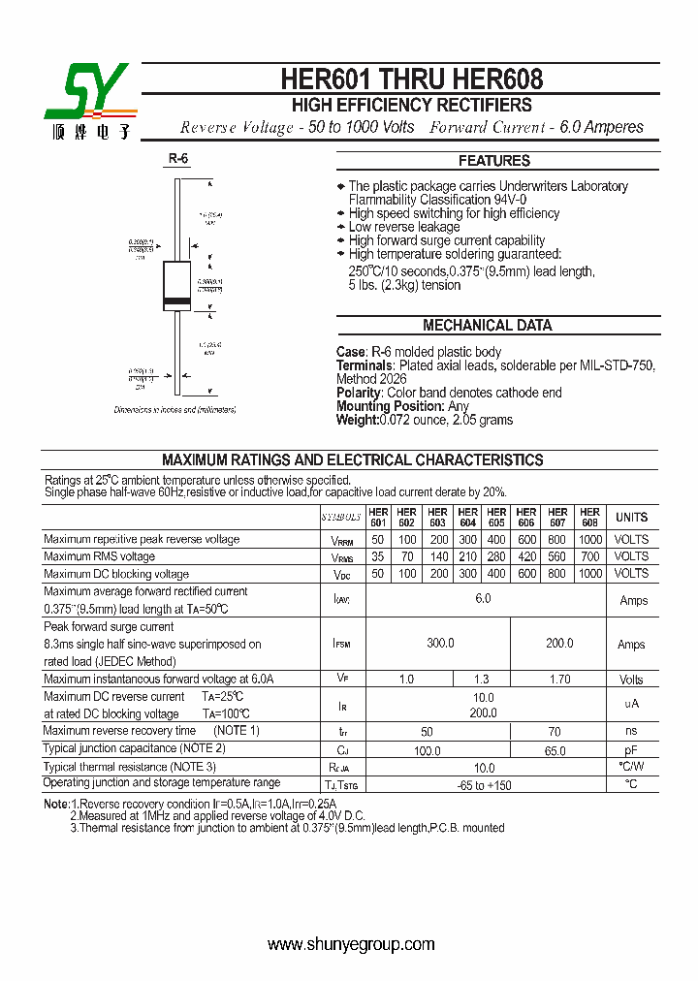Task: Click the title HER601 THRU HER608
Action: point(412,79)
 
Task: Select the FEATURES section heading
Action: point(494,161)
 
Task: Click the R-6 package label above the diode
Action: point(177,158)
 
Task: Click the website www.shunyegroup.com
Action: point(351,944)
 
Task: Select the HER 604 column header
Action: point(467,518)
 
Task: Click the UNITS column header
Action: point(631,518)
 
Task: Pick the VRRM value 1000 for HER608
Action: point(588,540)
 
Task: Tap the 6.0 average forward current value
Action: point(483,599)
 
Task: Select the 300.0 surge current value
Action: point(438,644)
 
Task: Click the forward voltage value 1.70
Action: point(559,680)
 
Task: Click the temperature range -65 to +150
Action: point(483,785)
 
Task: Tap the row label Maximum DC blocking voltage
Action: point(116,575)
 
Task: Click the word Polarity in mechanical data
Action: point(359,393)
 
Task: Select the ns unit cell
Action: point(631,732)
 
